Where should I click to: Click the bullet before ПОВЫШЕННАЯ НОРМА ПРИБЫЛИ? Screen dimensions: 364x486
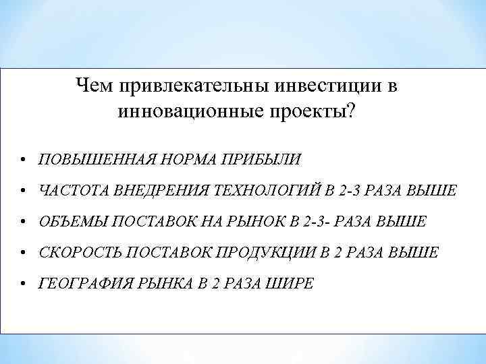(23, 160)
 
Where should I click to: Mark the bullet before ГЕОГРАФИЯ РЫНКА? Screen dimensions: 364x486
(23, 284)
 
